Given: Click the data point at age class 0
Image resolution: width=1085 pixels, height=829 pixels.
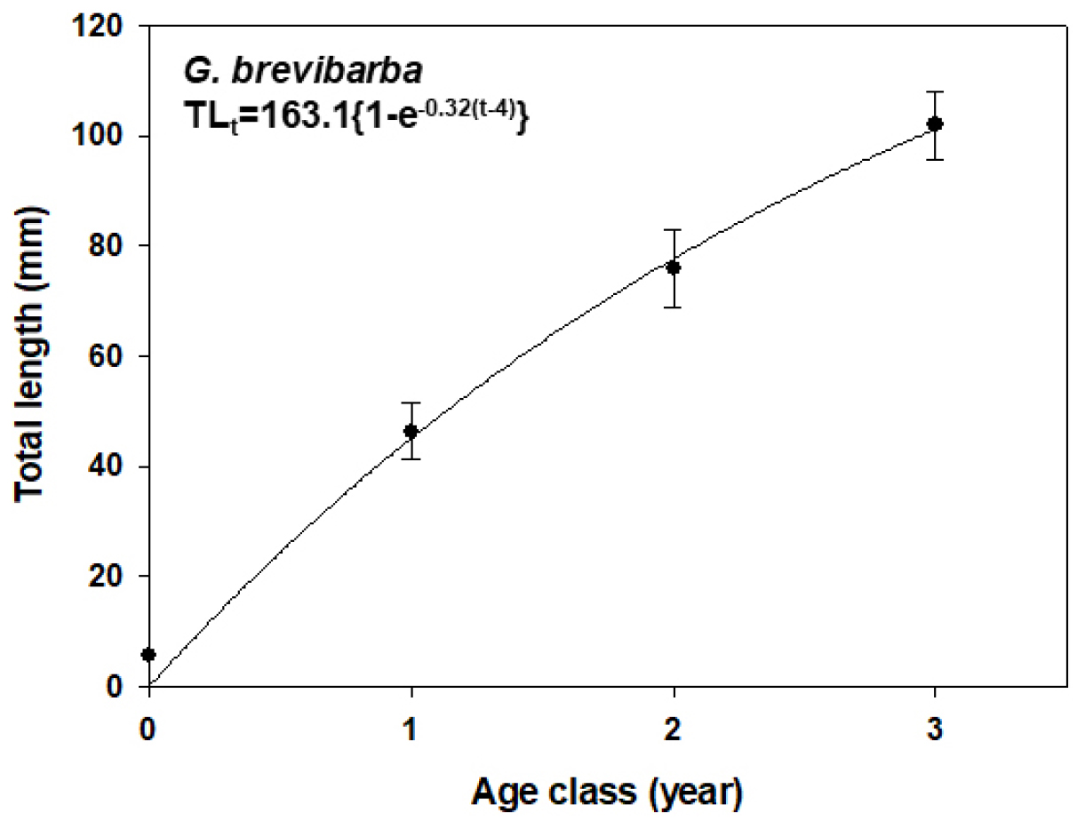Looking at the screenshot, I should [x=148, y=655].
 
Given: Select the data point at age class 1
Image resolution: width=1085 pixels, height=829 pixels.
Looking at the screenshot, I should [x=411, y=431].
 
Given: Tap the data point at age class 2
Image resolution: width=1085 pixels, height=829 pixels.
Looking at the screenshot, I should [x=673, y=267].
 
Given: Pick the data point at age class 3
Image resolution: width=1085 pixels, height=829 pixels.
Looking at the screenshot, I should [x=934, y=124].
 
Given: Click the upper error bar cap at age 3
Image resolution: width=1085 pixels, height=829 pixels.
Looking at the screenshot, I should [x=934, y=92].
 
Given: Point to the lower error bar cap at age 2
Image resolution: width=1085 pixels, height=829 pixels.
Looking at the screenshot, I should [x=673, y=307].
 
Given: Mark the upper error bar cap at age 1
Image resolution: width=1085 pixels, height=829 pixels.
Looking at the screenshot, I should [x=411, y=403].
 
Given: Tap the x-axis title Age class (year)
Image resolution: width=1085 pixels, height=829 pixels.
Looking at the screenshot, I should [x=607, y=792].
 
